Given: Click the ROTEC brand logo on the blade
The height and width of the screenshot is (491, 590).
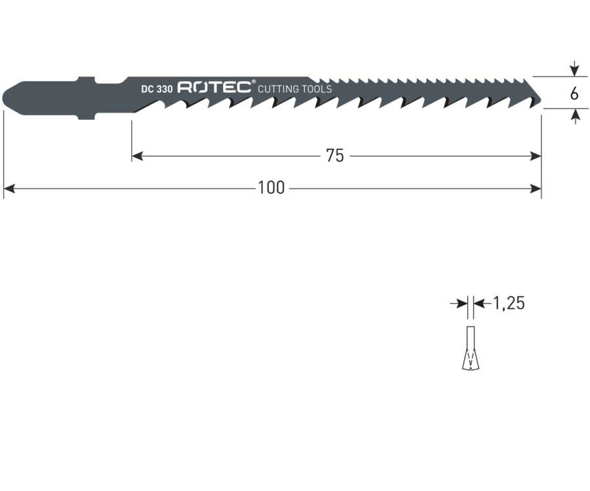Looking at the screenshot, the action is coord(214,87).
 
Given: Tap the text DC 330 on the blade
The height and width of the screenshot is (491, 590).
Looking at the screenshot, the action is coord(157,89).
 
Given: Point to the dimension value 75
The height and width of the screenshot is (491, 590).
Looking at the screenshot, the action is coord(335,156).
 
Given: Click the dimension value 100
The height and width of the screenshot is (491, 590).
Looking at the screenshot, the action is coord(271,188).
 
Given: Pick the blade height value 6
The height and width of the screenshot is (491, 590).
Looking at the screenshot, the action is coord(574,94).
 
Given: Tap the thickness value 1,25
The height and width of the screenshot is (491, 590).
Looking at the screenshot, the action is coord(509,303).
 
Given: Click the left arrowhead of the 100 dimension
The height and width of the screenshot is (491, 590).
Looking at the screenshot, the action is coord(9,189).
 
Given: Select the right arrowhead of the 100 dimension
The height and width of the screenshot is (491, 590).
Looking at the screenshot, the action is coord(536,189).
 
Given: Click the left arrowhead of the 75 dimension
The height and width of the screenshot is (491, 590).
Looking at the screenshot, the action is coord(138,156).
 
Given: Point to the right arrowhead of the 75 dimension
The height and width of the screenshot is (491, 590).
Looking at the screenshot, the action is coord(536,156).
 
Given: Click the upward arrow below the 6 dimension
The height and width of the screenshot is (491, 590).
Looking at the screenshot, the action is coord(574,117).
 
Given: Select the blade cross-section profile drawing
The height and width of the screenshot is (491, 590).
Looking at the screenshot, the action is coord(470,348).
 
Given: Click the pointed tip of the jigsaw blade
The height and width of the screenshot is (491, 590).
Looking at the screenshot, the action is coord(541,100).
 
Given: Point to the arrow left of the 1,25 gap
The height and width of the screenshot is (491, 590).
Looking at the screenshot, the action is coord(459,303).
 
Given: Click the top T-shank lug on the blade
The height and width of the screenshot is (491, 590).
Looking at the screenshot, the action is coord(86,80).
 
